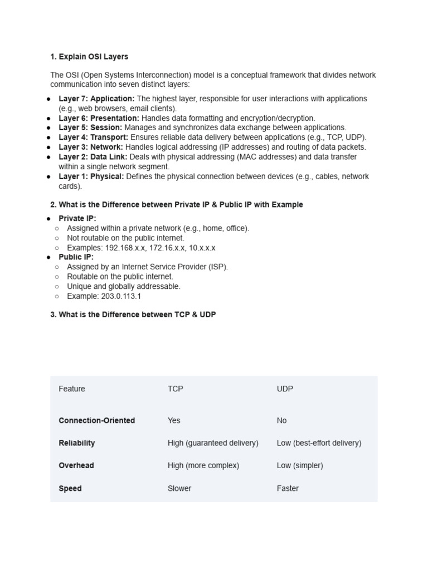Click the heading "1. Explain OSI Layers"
(89, 57)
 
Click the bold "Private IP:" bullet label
(77, 219)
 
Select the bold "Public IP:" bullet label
(76, 257)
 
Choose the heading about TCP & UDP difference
(133, 315)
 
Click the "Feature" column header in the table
(72, 389)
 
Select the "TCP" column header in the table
(175, 389)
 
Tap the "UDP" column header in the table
(285, 389)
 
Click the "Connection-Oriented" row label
(96, 421)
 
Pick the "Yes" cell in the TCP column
(174, 421)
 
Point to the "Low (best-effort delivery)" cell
(319, 443)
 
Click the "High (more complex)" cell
(203, 465)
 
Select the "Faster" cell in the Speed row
(288, 488)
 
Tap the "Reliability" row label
(77, 443)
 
